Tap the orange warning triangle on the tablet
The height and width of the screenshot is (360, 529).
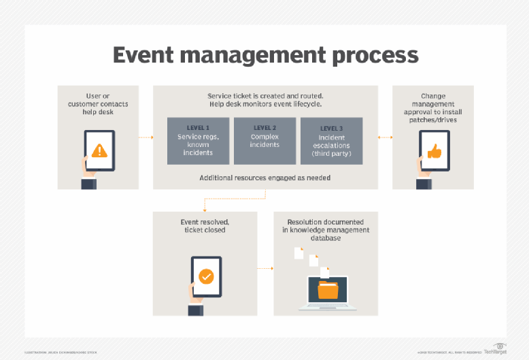pos(99,150)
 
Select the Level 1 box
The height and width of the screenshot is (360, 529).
pos(199,141)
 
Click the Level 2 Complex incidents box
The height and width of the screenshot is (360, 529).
pos(264,141)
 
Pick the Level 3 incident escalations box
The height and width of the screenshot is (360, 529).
pos(330,141)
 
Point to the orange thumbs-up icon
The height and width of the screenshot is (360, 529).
pos(434,150)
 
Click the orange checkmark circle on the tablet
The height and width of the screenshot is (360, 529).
pos(206,276)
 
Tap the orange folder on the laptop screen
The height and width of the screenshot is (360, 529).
pos(328,291)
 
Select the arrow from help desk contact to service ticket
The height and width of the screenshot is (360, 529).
pos(146,137)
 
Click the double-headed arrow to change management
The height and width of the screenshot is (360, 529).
pos(385,137)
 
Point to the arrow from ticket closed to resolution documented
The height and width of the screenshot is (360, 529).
pos(265,269)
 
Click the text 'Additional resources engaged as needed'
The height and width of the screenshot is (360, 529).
pos(265,178)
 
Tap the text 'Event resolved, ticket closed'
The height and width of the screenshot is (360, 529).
pos(205,226)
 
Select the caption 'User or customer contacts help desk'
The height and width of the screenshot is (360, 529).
pos(98,103)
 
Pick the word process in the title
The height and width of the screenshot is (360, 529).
pos(375,54)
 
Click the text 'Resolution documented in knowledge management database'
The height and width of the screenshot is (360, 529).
pos(325,230)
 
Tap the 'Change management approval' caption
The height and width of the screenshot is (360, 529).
pos(433,108)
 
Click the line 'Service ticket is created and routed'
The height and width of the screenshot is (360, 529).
pos(265,96)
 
